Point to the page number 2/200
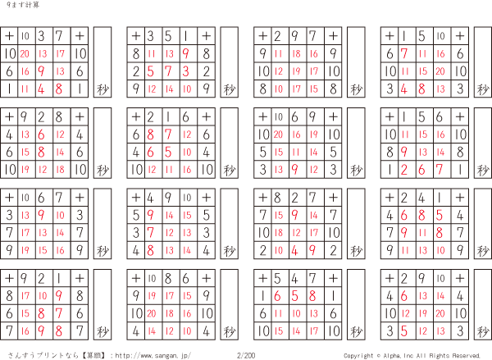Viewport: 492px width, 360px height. tap(246, 355)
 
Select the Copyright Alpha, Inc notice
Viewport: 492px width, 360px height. tap(412, 355)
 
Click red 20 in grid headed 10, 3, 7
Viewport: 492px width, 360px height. tap(25, 54)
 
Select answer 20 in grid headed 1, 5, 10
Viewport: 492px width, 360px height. tap(441, 71)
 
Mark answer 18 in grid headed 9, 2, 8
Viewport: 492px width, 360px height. tap(60, 169)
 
